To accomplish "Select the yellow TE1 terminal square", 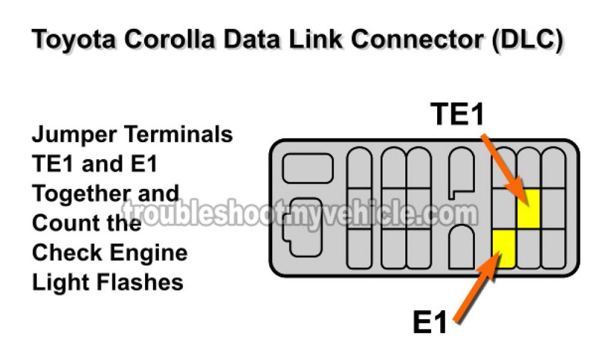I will coord(528,208).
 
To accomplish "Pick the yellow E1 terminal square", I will coord(504,247).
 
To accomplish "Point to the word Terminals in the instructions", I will coord(178,134).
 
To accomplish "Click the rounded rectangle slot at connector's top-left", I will coord(308,168).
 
